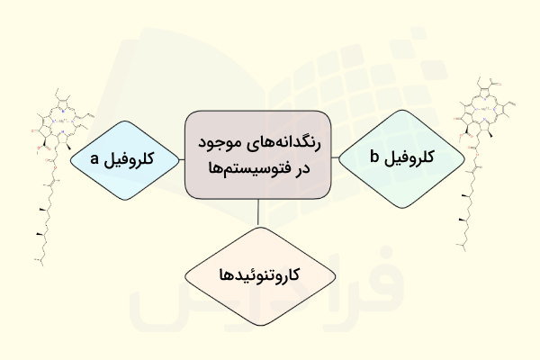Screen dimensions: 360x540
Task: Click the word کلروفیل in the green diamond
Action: pyautogui.click(x=412, y=157)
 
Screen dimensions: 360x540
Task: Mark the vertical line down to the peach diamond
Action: pyautogui.click(x=258, y=211)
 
